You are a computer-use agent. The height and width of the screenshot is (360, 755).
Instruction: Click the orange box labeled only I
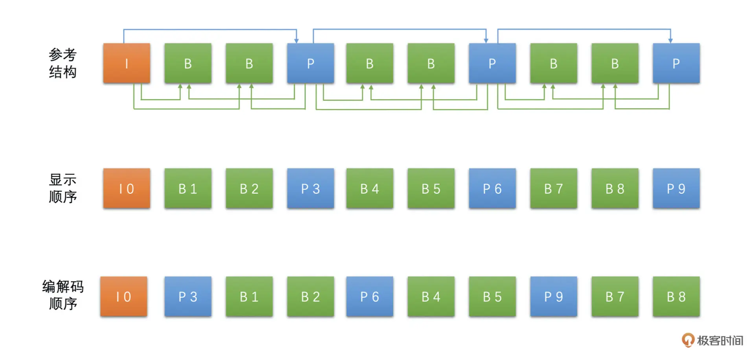127,63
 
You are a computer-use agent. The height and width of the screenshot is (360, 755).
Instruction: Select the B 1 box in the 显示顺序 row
188,188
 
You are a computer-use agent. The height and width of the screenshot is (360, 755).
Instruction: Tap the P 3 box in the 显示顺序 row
311,188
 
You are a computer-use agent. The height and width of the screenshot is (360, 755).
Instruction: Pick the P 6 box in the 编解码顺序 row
370,296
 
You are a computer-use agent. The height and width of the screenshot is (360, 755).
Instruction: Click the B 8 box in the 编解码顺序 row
676,296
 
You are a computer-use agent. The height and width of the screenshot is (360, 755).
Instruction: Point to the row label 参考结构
63,63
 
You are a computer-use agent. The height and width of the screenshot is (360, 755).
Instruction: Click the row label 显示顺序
63,188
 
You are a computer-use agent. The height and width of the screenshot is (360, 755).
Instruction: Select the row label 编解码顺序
63,295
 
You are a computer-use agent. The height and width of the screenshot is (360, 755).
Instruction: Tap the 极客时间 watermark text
720,340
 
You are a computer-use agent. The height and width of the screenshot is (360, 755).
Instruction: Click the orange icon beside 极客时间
688,340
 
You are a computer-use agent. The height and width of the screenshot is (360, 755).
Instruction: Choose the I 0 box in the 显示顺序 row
127,188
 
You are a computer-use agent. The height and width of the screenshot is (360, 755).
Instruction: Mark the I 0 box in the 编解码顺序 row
123,296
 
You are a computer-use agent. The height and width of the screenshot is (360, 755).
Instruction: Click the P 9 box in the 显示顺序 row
676,188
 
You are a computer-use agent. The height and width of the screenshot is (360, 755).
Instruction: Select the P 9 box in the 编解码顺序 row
554,296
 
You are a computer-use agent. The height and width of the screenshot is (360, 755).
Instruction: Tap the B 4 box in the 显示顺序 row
370,188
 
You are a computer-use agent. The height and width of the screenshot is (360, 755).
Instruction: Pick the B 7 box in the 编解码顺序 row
615,296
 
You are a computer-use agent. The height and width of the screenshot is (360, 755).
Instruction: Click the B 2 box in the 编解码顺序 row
311,296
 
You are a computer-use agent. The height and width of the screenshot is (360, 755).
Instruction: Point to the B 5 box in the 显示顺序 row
431,188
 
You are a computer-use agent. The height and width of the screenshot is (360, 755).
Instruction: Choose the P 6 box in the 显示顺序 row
492,188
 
